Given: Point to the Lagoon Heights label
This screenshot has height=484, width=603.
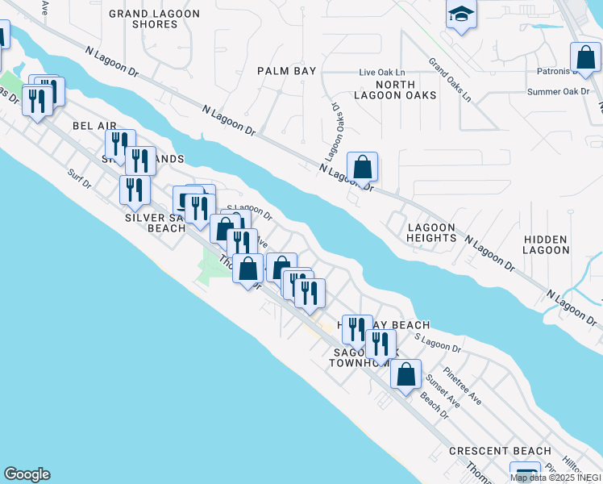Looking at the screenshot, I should (x=431, y=232).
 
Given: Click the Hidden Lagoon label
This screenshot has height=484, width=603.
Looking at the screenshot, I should (x=545, y=245).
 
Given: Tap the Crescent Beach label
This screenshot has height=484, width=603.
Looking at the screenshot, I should (x=500, y=451).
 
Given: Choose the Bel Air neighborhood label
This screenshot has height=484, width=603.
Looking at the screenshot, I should (x=94, y=126).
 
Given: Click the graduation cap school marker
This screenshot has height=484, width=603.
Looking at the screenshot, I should (x=461, y=15).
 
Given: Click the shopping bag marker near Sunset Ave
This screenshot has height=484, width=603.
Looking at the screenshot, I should (x=405, y=373).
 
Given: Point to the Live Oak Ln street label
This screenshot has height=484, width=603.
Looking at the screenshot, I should (x=381, y=73).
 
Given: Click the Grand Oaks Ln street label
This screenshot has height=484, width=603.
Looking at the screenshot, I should (x=450, y=80).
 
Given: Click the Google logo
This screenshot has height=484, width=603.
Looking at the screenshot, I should (x=27, y=474).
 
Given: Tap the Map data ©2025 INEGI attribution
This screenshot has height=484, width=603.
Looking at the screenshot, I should (x=555, y=478).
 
